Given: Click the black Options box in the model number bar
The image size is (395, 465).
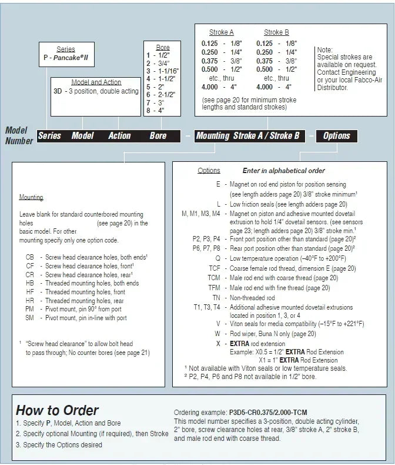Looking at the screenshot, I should click(x=337, y=136).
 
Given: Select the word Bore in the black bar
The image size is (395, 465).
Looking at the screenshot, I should click(x=158, y=136).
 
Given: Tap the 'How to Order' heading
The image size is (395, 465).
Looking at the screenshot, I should click(x=57, y=410).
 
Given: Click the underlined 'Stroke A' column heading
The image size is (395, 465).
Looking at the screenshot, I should click(x=221, y=32).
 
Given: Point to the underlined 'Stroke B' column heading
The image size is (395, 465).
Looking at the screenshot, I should click(x=276, y=32).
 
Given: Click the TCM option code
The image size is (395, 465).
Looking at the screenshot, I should click(x=214, y=277).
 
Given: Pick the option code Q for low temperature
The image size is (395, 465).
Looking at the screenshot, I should click(x=217, y=258).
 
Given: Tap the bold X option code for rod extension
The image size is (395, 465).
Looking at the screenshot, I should click(x=218, y=343).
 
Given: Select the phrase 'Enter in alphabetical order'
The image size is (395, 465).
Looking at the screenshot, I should click(x=283, y=171).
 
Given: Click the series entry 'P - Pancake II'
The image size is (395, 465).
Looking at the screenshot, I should click(x=65, y=58).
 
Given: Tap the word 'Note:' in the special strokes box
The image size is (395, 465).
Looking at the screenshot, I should click(x=325, y=50).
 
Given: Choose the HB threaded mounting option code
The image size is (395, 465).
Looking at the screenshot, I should click(x=30, y=284).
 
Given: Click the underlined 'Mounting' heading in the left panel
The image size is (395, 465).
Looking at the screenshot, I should click(x=31, y=197).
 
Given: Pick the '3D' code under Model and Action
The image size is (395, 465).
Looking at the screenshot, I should click(x=58, y=91).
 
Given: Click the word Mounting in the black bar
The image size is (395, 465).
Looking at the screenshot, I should click(x=213, y=136).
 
